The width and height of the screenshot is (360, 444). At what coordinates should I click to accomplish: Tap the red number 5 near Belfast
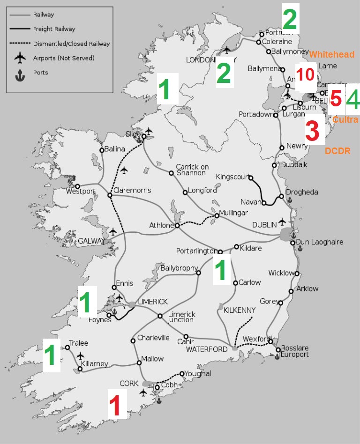(x=336, y=99)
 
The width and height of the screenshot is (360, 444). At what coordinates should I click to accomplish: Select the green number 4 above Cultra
(x=352, y=99)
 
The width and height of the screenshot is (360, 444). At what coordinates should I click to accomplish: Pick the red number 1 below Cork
(x=117, y=406)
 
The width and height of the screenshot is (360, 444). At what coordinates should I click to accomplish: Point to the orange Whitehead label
(x=331, y=55)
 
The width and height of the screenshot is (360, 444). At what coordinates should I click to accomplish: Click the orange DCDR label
(x=337, y=151)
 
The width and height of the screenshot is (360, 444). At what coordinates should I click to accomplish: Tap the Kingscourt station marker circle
(x=251, y=178)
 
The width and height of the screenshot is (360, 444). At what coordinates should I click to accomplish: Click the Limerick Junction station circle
(x=160, y=316)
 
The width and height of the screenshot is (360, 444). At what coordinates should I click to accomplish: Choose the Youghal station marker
(x=182, y=374)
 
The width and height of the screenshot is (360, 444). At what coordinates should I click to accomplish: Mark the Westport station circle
(x=78, y=186)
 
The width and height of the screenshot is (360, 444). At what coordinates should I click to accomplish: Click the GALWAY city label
(x=91, y=241)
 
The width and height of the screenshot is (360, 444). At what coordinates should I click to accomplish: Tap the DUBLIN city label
(x=264, y=225)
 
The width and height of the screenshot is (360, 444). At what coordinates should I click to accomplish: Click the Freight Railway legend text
(x=54, y=29)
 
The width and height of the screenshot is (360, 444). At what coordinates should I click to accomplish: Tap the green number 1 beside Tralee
(x=52, y=356)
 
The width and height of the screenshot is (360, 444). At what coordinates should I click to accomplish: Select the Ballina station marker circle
(x=102, y=150)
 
